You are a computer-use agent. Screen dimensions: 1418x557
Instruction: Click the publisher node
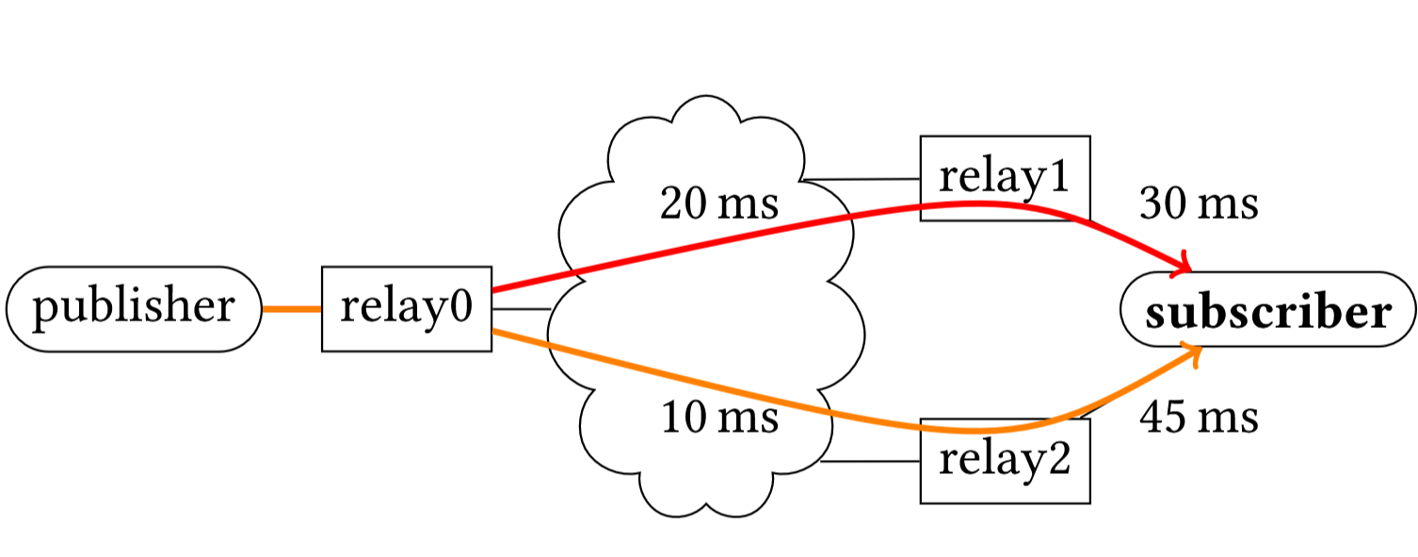tap(134, 308)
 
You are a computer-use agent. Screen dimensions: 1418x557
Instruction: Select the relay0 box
tap(407, 308)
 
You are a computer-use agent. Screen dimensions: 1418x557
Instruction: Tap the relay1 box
tap(1006, 178)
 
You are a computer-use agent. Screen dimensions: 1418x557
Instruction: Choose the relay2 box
tap(1006, 461)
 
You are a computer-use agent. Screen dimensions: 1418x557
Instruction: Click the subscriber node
tap(1268, 309)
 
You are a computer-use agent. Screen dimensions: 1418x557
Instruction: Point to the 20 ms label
tap(719, 204)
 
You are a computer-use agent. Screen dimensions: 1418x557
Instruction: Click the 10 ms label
tap(719, 418)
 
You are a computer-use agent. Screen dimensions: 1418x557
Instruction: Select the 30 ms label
tap(1199, 204)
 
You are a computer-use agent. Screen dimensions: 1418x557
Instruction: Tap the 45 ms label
tap(1199, 418)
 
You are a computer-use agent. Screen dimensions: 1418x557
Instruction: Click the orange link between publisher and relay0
tap(292, 309)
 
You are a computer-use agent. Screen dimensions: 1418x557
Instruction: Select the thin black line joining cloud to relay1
tap(861, 179)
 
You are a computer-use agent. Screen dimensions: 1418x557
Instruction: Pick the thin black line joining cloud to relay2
tap(870, 461)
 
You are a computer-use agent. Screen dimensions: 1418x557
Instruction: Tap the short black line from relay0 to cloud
tap(522, 309)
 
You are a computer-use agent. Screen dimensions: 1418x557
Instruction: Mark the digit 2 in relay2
tap(1058, 458)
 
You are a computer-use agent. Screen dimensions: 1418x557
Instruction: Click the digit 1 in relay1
tap(1058, 175)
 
